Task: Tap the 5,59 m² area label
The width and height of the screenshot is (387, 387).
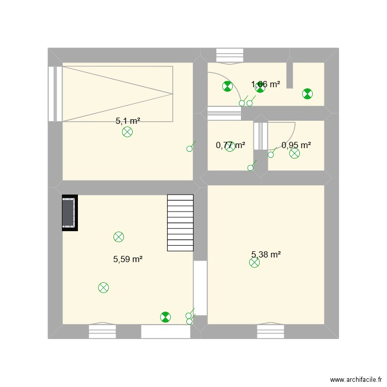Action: pyautogui.click(x=127, y=260)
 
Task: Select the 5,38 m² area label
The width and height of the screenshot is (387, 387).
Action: pyautogui.click(x=266, y=254)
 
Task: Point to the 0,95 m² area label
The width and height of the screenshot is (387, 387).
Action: pyautogui.click(x=296, y=146)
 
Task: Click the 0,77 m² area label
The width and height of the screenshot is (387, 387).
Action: pyautogui.click(x=230, y=146)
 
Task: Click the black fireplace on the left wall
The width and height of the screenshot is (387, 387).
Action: pyautogui.click(x=70, y=213)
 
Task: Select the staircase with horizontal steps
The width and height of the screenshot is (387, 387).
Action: pyautogui.click(x=180, y=222)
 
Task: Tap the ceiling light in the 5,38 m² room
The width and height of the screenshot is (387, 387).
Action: pyautogui.click(x=254, y=263)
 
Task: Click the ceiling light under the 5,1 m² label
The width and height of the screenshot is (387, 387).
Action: pyautogui.click(x=127, y=132)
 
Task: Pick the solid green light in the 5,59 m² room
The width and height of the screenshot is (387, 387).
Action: pyautogui.click(x=165, y=317)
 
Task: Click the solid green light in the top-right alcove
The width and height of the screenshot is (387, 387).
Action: pyautogui.click(x=307, y=93)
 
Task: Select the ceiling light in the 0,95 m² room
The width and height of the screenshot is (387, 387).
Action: pyautogui.click(x=294, y=153)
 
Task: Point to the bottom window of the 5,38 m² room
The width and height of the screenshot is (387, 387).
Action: pyautogui.click(x=271, y=331)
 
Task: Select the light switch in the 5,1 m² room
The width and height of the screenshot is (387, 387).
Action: pyautogui.click(x=189, y=149)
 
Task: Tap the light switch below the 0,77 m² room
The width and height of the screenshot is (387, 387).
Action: pyautogui.click(x=251, y=167)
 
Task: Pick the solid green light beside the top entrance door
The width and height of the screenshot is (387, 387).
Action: pyautogui.click(x=227, y=87)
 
